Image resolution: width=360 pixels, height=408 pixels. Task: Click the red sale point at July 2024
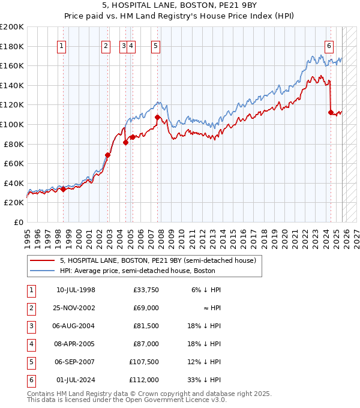pyautogui.click(x=331, y=112)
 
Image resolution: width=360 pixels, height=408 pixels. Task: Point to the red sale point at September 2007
pyautogui.click(x=157, y=117)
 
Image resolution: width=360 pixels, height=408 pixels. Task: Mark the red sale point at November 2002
pyautogui.click(x=108, y=155)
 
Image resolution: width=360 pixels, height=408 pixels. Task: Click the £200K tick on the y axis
pyautogui.click(x=12, y=27)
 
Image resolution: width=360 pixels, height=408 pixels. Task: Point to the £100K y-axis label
pyautogui.click(x=12, y=124)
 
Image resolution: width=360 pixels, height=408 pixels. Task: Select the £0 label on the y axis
pyautogui.click(x=19, y=222)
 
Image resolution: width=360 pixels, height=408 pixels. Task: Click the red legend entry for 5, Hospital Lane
pyautogui.click(x=158, y=260)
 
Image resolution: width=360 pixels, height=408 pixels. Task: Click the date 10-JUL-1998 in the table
pyautogui.click(x=76, y=290)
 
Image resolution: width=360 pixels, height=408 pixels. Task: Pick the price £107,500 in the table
pyautogui.click(x=144, y=362)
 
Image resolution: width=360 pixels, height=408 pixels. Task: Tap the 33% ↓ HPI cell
pyautogui.click(x=207, y=380)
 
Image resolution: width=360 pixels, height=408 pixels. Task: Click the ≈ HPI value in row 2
pyautogui.click(x=212, y=308)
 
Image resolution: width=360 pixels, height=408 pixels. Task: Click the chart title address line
pyautogui.click(x=180, y=7)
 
